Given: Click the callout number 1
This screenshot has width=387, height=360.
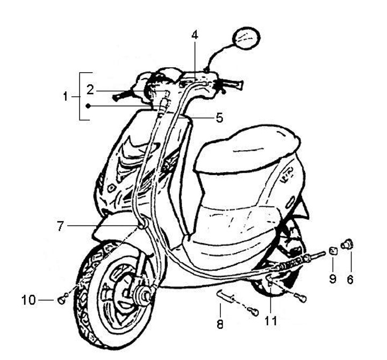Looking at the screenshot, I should [66, 97].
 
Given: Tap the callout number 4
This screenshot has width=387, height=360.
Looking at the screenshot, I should [195, 35].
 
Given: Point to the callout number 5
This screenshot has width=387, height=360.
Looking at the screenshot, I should [219, 117].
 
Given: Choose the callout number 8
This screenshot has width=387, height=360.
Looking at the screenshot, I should [220, 324].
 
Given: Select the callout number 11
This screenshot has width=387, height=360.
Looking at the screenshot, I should [271, 321].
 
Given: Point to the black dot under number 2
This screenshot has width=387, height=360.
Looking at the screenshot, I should [88, 107].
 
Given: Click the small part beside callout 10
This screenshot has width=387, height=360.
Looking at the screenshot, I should [62, 298].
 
